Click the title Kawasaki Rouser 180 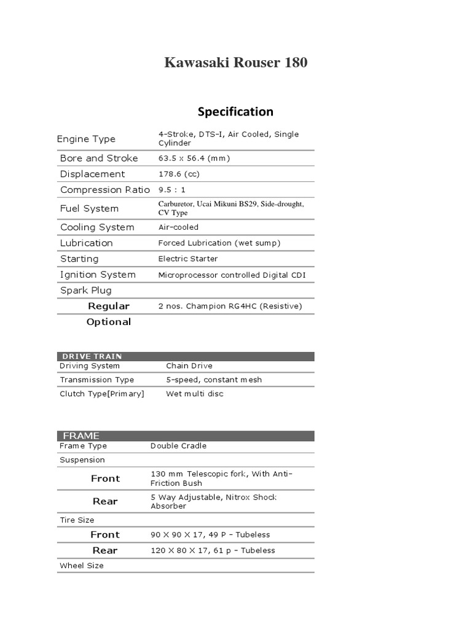(x=235, y=63)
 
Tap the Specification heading (x=235, y=111)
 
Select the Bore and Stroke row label (x=99, y=158)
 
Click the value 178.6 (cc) (x=179, y=174)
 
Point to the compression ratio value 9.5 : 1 (x=171, y=190)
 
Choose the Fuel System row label (x=89, y=208)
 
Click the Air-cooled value (x=178, y=227)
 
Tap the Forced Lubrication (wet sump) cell (x=219, y=243)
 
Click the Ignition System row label (x=98, y=275)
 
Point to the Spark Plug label (x=86, y=291)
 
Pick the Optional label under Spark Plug (x=109, y=322)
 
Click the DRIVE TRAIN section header (x=90, y=356)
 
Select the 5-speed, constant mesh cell (x=214, y=380)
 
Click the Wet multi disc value (x=195, y=394)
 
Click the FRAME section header (x=81, y=436)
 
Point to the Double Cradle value (x=178, y=446)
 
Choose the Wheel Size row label (x=82, y=566)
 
